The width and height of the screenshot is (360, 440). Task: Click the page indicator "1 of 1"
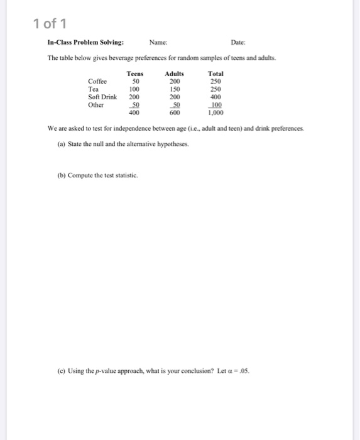pos(49,23)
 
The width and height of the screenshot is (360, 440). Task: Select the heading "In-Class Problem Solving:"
pos(85,43)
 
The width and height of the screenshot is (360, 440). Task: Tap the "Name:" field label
pos(159,43)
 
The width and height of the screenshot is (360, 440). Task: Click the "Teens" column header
pos(135,74)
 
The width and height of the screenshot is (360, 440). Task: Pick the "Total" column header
pos(215,74)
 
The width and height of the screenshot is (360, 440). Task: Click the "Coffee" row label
pos(97,82)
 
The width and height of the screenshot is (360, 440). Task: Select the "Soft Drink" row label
pos(102,97)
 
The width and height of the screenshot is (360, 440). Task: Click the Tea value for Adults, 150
pos(175,90)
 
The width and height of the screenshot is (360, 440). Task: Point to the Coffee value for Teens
pos(134,82)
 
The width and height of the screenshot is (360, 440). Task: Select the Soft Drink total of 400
pos(216,97)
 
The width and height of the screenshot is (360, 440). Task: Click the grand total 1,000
pos(215,114)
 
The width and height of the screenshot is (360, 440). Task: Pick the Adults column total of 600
pos(175,114)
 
